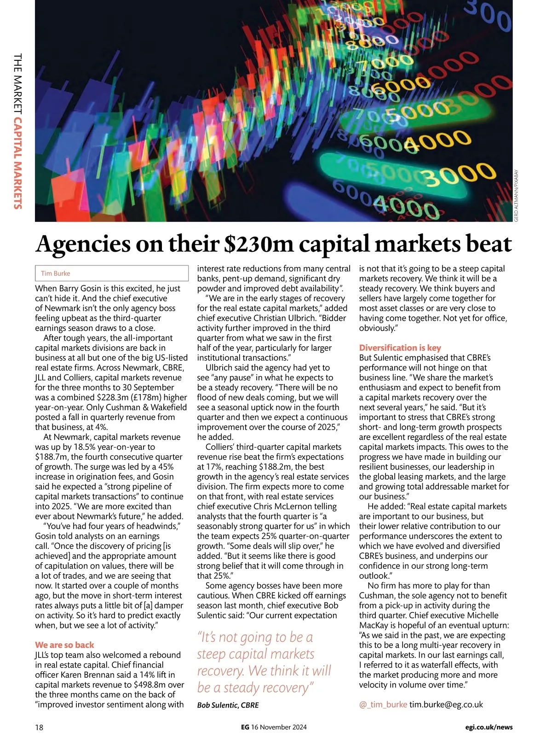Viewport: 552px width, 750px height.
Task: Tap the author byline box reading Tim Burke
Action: [112, 273]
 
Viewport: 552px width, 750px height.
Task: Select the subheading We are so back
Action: [64, 645]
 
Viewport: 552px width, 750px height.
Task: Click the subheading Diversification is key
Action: [400, 348]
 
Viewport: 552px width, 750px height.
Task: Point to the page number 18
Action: [39, 727]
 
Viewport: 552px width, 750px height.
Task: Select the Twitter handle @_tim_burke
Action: [383, 704]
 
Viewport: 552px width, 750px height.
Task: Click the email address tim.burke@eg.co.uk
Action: [446, 704]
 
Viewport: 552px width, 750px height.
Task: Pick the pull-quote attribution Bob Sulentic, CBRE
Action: [228, 705]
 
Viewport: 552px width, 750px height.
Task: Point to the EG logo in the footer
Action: [245, 727]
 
